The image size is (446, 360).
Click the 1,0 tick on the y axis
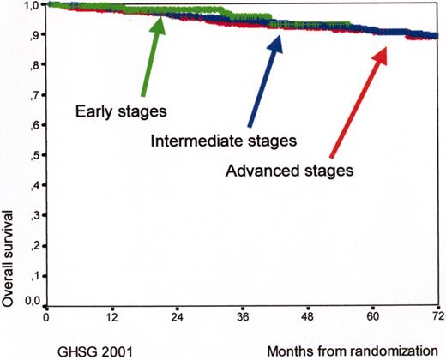pyautogui.click(x=32, y=6)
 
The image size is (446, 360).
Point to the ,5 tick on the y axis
pyautogui.click(x=35, y=155)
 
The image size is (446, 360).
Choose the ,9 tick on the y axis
pyautogui.click(x=35, y=36)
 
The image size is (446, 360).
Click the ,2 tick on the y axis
pyautogui.click(x=35, y=244)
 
